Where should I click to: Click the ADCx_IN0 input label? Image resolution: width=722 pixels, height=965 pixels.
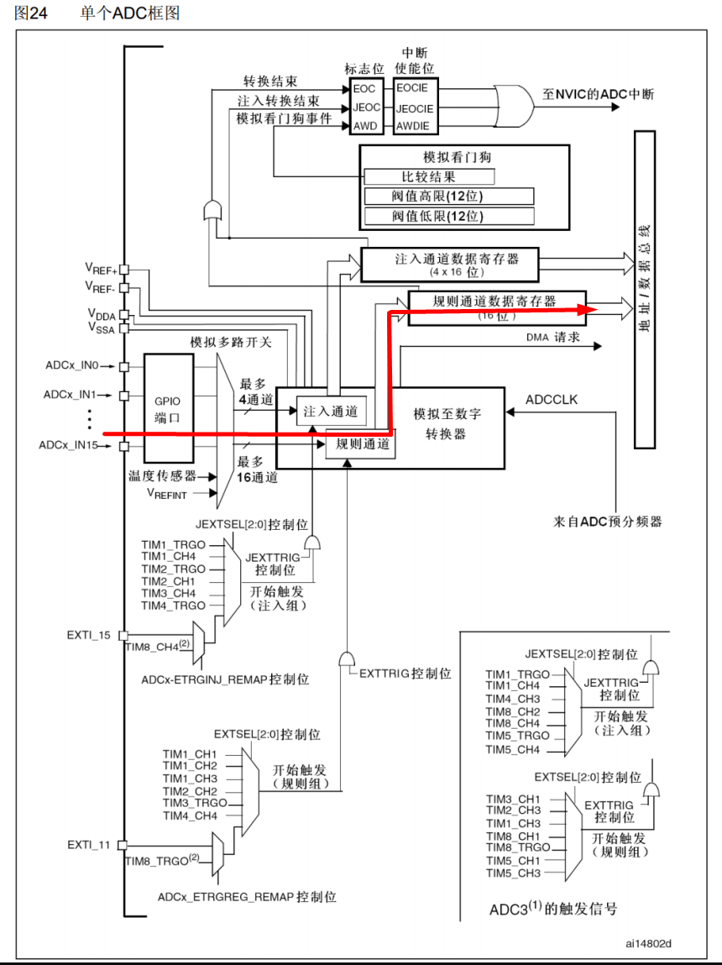(x=71, y=366)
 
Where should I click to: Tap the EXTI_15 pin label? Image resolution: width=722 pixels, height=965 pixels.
(x=89, y=635)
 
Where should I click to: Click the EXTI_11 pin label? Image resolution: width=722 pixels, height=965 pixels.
(x=89, y=844)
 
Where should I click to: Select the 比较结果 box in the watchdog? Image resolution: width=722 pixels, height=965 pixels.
(x=429, y=176)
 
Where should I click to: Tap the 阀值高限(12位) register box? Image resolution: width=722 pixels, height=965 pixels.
(x=449, y=197)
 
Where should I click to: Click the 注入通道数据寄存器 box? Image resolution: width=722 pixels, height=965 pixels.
(x=449, y=264)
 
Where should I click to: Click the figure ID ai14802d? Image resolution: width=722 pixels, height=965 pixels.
(x=648, y=942)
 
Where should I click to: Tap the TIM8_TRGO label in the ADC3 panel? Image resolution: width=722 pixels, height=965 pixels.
(x=517, y=847)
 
